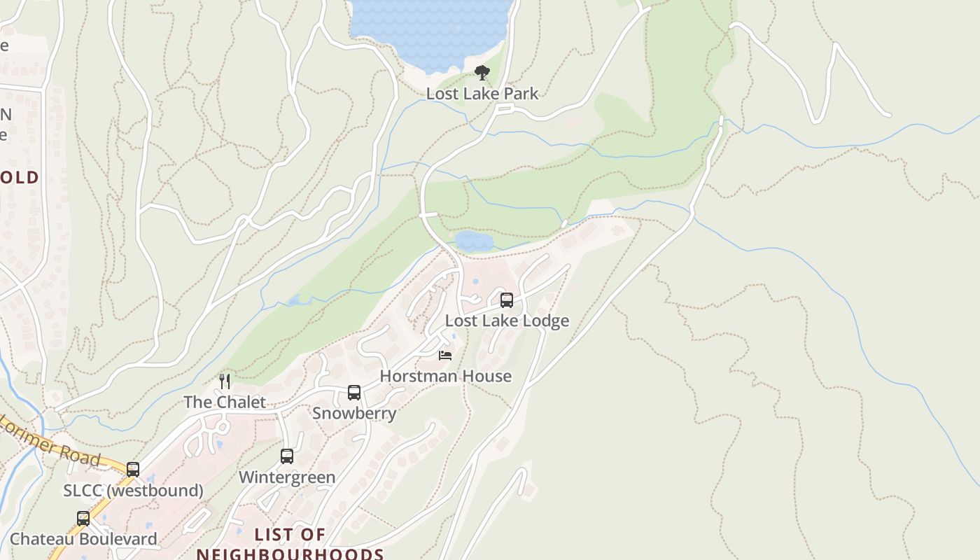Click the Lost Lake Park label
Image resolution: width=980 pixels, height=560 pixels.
coord(482,94)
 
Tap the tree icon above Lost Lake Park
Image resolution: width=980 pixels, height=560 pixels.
coord(482,72)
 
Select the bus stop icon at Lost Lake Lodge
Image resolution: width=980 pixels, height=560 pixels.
coord(507,300)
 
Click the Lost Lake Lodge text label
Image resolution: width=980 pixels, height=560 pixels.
coord(507,321)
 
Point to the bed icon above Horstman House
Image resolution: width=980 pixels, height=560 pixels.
coord(445,356)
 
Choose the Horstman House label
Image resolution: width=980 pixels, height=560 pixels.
coord(445,377)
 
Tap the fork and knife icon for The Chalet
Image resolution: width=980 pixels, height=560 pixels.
coord(225,381)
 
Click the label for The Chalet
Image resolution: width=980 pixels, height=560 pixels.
coord(225,402)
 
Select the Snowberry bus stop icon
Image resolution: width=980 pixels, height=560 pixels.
coord(354,393)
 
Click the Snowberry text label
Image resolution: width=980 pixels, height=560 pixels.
coord(354,414)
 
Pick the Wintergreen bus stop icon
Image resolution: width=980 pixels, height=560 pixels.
coord(287,456)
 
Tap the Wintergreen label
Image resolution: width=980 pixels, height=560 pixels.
coord(287,477)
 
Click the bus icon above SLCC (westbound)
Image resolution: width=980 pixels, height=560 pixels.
coord(133,469)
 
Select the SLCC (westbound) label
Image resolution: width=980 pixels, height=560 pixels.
coord(133,491)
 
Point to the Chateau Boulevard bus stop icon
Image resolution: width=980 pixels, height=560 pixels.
coord(83,519)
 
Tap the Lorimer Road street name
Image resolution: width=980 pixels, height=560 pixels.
coord(52,441)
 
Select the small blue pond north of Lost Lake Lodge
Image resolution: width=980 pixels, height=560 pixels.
coord(474,241)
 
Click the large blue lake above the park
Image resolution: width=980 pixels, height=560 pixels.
coord(430,28)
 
